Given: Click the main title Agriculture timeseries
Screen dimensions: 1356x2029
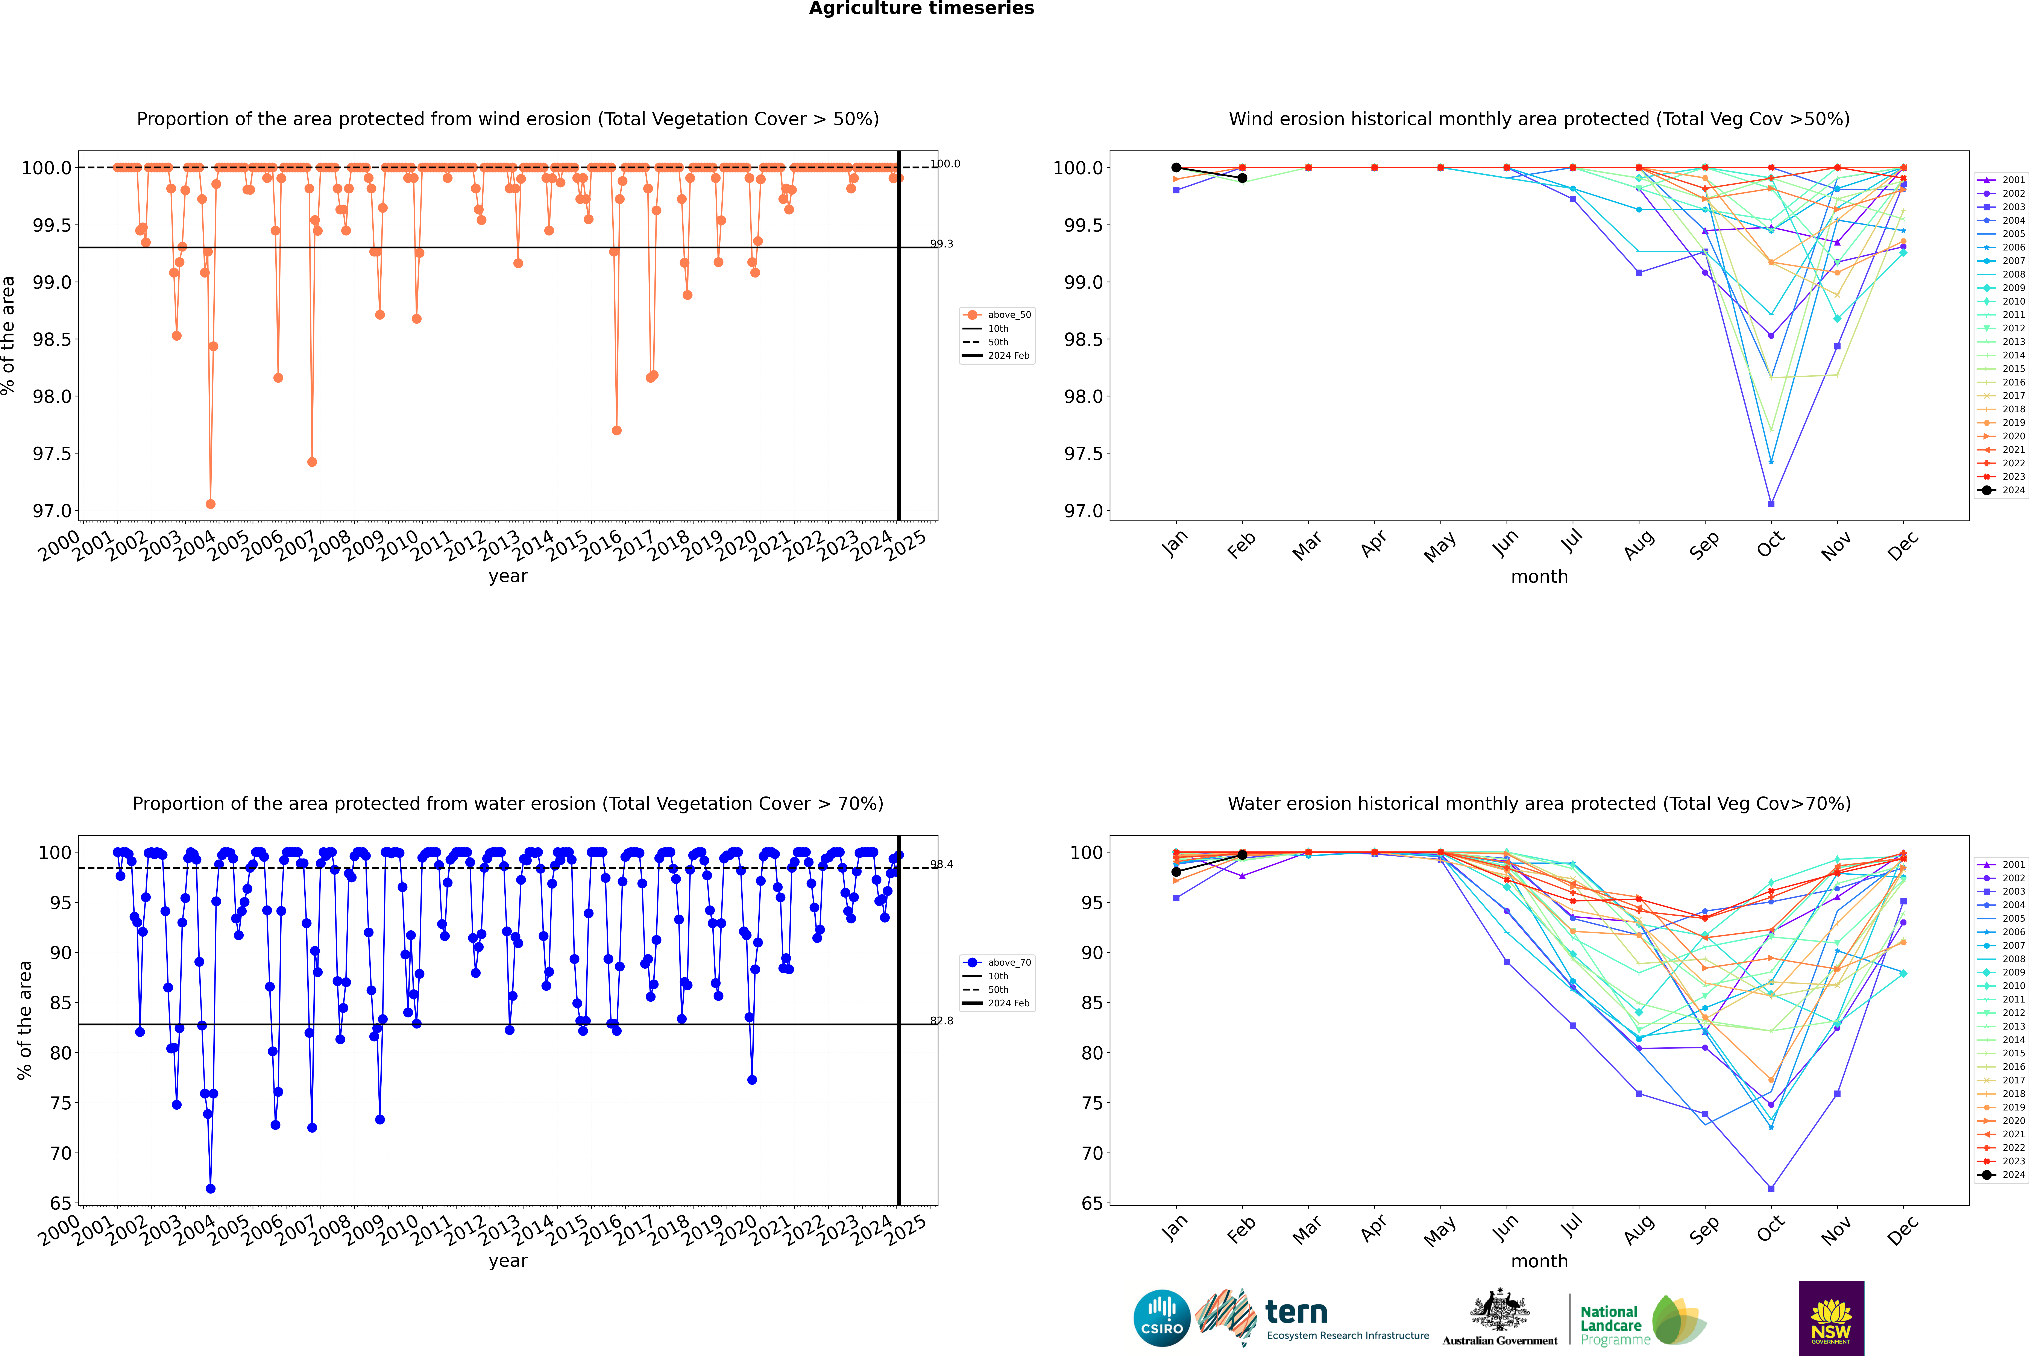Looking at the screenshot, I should click(921, 9).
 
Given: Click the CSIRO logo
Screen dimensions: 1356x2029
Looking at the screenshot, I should click(1162, 1318).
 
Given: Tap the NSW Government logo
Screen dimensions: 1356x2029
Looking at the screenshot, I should click(1831, 1318).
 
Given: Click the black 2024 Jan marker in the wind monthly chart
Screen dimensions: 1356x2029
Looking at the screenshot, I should click(1176, 168).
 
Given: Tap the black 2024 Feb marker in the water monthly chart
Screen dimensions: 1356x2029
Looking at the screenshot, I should click(1242, 854).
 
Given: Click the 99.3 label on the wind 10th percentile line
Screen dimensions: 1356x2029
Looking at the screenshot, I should click(942, 244).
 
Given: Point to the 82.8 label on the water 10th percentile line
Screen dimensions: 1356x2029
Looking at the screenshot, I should click(942, 1021).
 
